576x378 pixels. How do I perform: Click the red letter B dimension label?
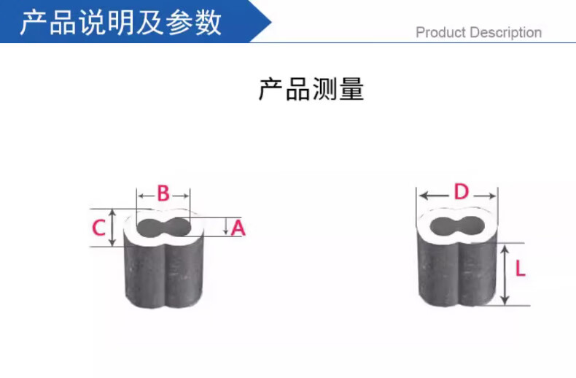[x=163, y=193]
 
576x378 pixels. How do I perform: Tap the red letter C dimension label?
[x=99, y=228]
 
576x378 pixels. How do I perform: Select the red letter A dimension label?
[x=238, y=228]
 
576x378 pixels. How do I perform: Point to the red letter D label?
[x=461, y=193]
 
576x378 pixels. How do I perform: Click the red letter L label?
[x=520, y=269]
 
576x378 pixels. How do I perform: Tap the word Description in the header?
[x=505, y=33]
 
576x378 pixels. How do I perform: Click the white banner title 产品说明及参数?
[x=120, y=23]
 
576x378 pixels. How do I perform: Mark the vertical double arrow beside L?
[x=504, y=274]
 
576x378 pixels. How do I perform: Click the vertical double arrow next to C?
[x=113, y=228]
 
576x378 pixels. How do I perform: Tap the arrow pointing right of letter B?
[x=181, y=195]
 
